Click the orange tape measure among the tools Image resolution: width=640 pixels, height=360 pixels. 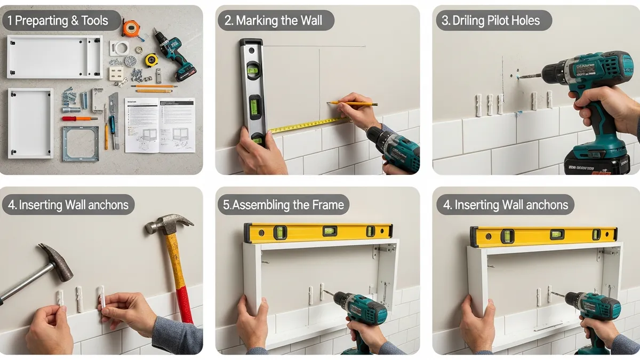coord(130,28)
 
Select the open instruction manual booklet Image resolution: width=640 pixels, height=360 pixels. coord(159,125)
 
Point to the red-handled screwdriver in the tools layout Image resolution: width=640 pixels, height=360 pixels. coord(80,118)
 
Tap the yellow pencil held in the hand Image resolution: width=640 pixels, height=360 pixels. coord(352,103)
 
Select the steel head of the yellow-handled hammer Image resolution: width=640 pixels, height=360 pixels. coord(169,222)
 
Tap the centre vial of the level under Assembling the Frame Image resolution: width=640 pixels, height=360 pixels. coord(330,231)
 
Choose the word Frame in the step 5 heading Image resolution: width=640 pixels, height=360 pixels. coord(329,205)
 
